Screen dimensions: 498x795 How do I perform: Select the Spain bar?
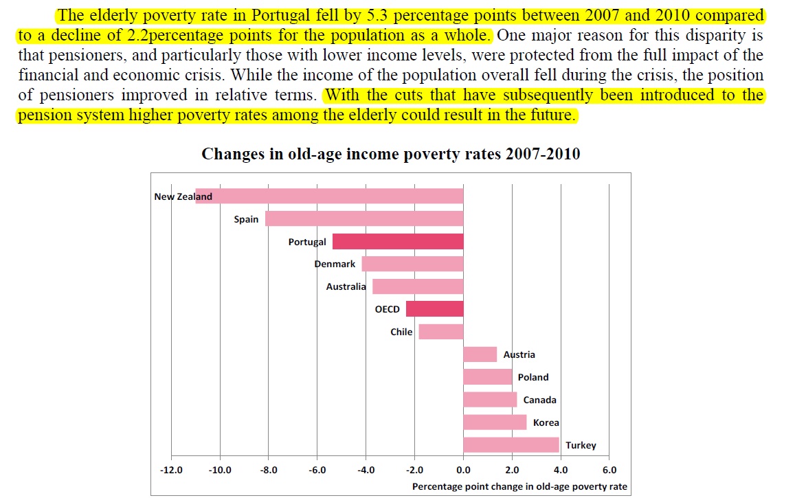(364, 219)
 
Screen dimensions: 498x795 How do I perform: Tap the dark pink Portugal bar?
(398, 242)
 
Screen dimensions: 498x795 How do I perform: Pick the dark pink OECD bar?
(434, 309)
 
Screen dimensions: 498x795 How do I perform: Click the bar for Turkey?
(511, 445)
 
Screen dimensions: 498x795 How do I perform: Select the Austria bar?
(480, 354)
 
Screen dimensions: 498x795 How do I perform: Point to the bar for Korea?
(495, 422)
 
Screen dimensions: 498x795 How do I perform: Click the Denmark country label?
(335, 264)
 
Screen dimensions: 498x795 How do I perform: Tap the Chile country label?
(401, 332)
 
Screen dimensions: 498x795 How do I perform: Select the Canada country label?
(539, 400)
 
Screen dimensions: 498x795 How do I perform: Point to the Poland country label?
(533, 377)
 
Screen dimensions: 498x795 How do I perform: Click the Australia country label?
(346, 286)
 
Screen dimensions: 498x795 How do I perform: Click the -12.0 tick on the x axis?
(171, 471)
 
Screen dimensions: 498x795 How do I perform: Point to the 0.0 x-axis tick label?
(463, 471)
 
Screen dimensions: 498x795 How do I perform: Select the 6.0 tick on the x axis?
(609, 471)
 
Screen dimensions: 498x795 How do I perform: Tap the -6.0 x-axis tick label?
(317, 471)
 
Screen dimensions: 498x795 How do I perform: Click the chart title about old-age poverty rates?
(390, 154)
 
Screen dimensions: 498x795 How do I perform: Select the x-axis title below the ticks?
(519, 486)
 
